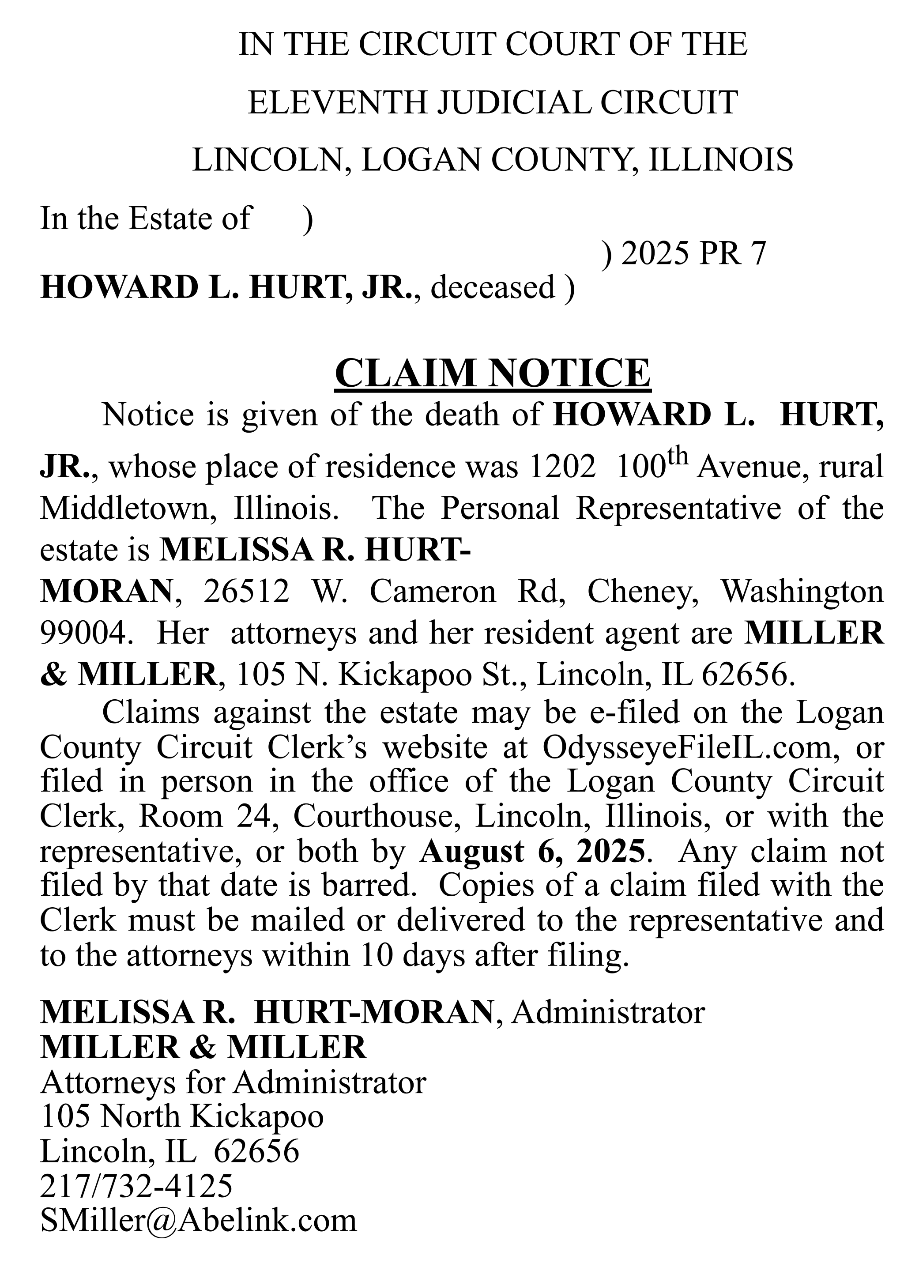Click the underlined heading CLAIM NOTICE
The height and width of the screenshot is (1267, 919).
point(492,373)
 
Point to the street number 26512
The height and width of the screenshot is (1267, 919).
point(246,592)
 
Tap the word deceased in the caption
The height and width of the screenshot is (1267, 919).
point(493,287)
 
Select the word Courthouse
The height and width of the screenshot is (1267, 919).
point(380,817)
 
